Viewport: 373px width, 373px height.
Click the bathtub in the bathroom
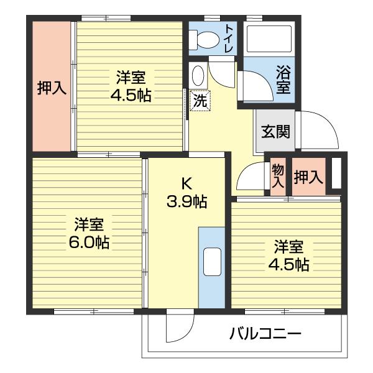(269, 39)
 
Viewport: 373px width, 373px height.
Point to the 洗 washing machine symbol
(200, 100)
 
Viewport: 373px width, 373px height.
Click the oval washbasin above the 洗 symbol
(198, 77)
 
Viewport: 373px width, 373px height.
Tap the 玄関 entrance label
(274, 131)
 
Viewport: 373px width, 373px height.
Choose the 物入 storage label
(278, 177)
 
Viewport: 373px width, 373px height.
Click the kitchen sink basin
(211, 261)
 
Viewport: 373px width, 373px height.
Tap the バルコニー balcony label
(265, 334)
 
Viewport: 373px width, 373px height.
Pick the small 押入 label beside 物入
(308, 177)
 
